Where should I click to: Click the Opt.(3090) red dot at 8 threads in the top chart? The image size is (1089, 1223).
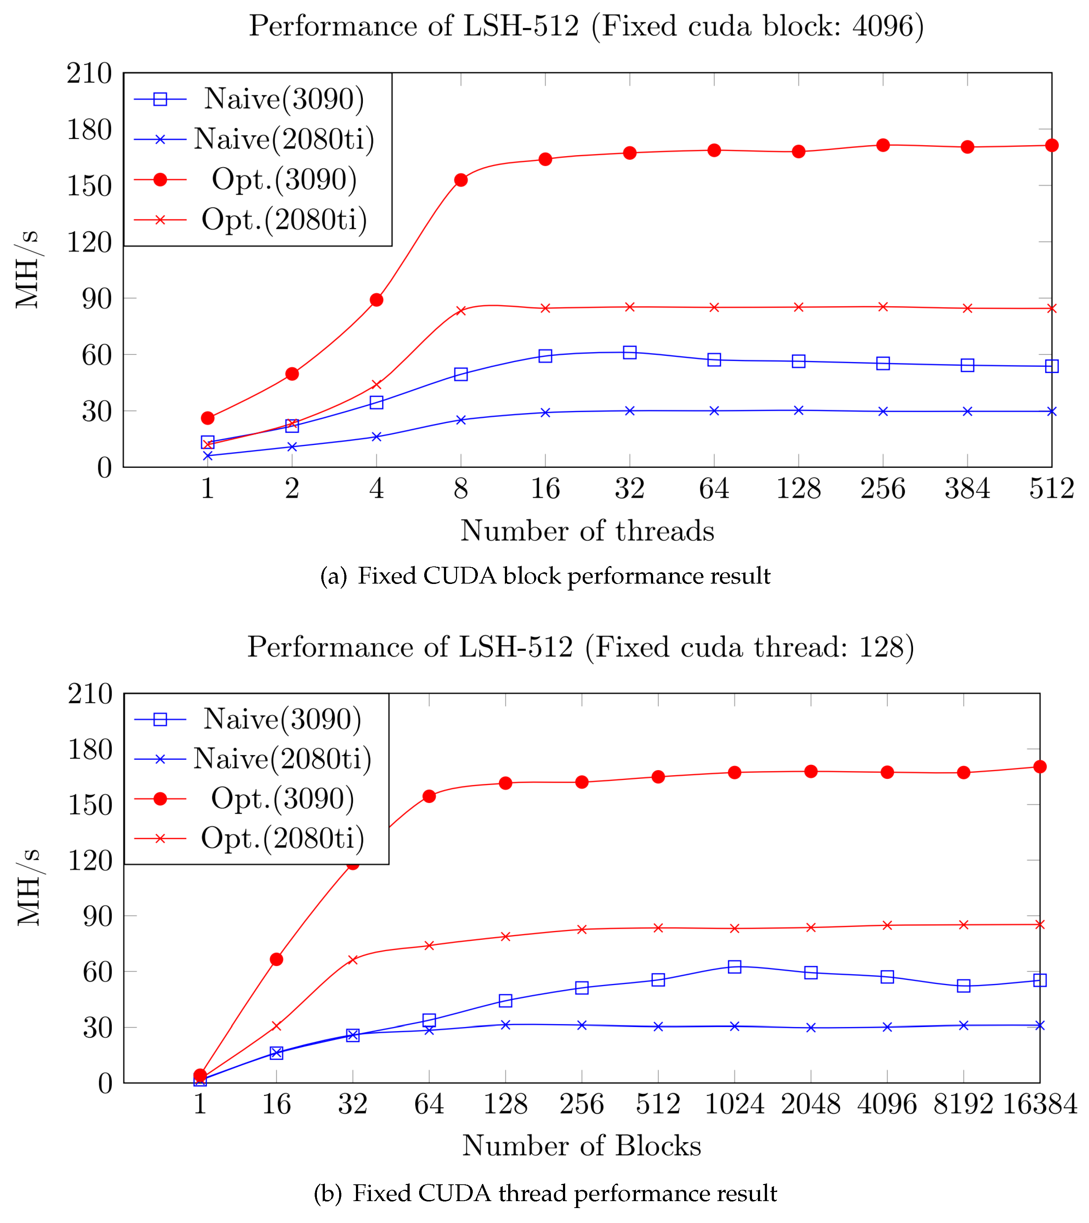461,180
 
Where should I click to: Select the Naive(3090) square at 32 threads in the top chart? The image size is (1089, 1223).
629,353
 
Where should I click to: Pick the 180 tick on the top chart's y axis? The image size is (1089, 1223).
89,130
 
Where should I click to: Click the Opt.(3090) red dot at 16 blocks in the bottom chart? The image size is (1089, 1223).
276,959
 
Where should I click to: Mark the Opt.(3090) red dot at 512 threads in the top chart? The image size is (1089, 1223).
1051,145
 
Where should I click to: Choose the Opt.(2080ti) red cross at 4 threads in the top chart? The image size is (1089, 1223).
376,384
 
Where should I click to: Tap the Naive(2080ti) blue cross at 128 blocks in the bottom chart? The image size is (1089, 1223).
506,1025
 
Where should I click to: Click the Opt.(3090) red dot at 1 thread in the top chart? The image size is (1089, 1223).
208,418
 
